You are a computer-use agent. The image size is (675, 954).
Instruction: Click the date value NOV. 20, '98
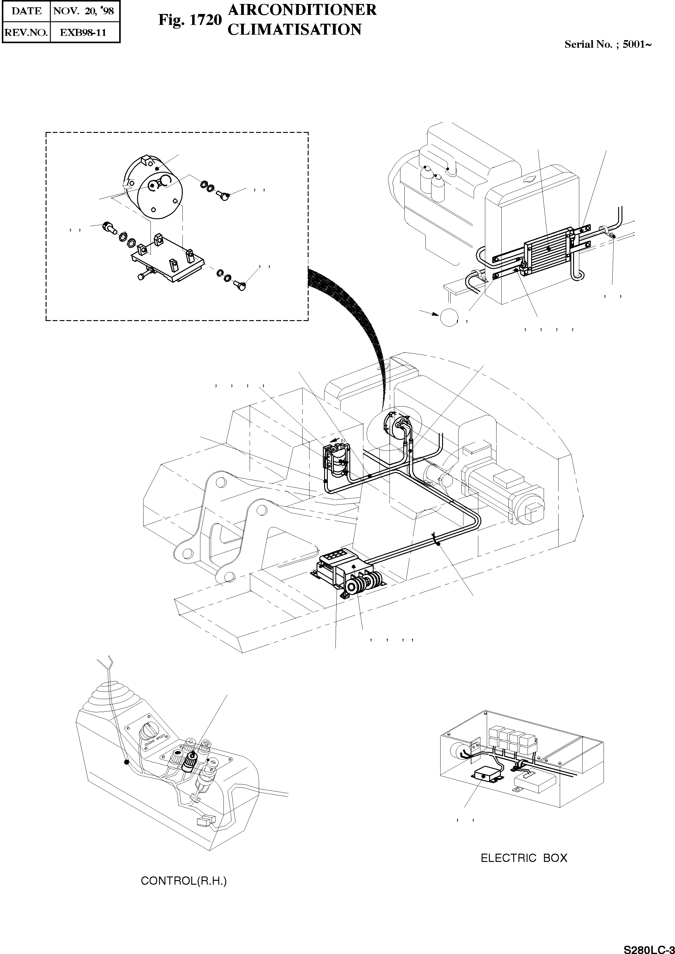84,11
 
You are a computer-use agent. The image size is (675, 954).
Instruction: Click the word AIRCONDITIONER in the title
302,9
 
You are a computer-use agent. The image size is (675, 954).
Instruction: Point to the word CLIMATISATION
295,29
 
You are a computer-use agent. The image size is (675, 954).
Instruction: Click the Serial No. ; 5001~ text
607,44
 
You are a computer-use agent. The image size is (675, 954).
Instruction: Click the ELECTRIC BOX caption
524,858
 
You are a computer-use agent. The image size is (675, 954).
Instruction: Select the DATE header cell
26,11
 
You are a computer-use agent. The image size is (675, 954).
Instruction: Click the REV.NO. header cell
26,33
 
